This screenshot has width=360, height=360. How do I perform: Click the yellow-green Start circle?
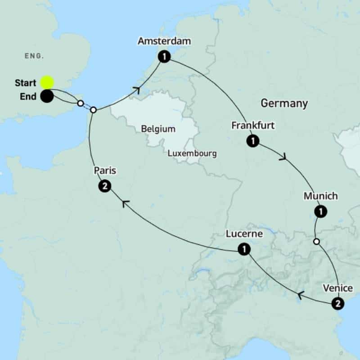click(47, 82)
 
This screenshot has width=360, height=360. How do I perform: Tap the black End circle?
click(47, 96)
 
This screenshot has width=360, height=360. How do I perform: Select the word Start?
click(26, 83)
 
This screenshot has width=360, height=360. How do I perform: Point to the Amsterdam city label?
click(165, 42)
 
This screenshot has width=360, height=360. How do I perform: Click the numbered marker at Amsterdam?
click(165, 57)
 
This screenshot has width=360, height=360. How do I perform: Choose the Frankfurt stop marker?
click(253, 141)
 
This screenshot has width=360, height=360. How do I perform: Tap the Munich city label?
click(320, 196)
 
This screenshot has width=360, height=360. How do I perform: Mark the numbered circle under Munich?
click(320, 211)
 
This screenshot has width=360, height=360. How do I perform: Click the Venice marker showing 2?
click(337, 304)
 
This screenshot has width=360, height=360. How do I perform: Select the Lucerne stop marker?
click(243, 249)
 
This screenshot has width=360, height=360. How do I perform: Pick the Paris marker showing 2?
click(104, 186)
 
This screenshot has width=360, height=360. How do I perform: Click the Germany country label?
click(284, 103)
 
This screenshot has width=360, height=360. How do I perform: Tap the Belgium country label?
click(158, 129)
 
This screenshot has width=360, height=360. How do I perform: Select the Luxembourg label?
click(192, 153)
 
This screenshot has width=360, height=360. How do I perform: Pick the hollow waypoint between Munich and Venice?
click(316, 242)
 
